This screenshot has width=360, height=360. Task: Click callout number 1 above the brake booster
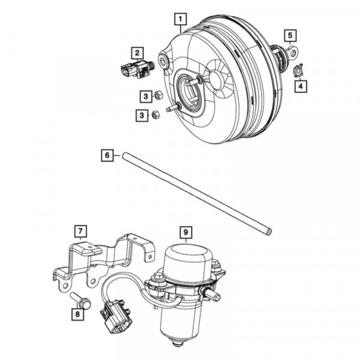coord(179,20)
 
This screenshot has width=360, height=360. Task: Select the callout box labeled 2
coord(137,52)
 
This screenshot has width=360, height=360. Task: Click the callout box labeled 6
coord(106,155)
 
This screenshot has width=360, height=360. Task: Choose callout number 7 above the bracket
coord(80,230)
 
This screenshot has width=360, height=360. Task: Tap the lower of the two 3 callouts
coord(140,114)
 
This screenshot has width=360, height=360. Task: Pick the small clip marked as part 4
coord(298,71)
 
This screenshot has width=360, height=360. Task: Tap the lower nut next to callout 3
coord(155,114)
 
